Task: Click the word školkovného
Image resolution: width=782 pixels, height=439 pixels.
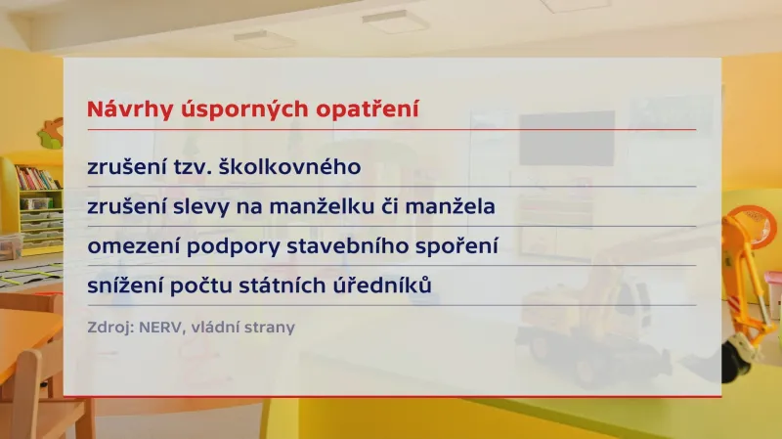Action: pyautogui.click(x=290, y=167)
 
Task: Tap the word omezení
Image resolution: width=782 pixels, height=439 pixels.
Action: pyautogui.click(x=126, y=245)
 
